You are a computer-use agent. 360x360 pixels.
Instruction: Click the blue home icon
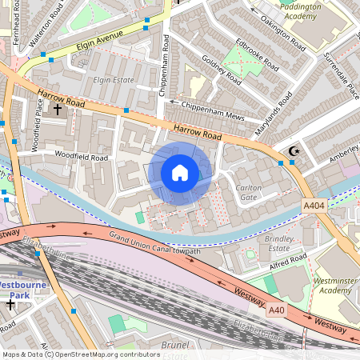(180, 173)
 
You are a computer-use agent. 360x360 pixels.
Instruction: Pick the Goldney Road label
(222, 70)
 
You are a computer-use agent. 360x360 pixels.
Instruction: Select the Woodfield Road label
(81, 158)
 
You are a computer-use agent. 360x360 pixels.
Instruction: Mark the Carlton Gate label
(250, 192)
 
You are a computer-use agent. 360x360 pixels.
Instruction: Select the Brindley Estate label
(279, 244)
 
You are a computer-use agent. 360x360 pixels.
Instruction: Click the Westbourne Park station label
(24, 289)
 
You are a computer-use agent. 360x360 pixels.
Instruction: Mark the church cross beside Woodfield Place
(58, 107)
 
